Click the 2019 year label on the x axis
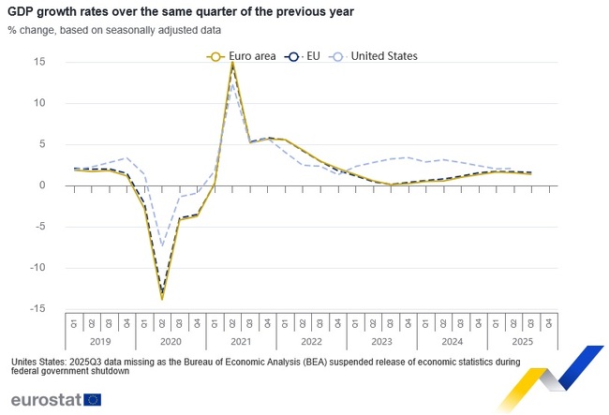pos(100,342)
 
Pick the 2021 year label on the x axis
pos(241,342)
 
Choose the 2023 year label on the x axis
pos(381,342)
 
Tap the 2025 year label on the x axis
pos(522,342)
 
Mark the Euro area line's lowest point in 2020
pos(162,299)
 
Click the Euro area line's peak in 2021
pos(232,64)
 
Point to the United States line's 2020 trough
pos(162,245)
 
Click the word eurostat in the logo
pos(45,400)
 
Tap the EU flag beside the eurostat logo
pos(93,400)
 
